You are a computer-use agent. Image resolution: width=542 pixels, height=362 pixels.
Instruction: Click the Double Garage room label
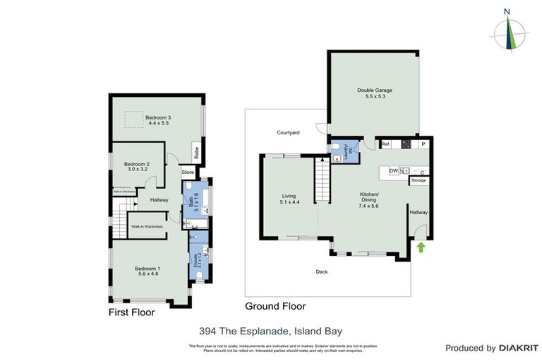click(x=374, y=90)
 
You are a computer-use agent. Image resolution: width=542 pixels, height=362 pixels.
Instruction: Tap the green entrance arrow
click(x=421, y=247)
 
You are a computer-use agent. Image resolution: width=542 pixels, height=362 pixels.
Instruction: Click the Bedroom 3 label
click(x=159, y=117)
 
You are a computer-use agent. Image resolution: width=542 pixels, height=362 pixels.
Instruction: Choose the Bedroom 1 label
click(x=149, y=268)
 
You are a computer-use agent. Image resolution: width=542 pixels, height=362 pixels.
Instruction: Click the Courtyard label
click(x=288, y=132)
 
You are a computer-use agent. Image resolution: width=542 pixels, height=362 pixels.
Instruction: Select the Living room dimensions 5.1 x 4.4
click(x=289, y=202)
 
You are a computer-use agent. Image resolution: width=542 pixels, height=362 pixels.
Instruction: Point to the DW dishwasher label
click(x=392, y=170)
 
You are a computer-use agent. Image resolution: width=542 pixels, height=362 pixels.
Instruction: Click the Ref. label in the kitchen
click(x=386, y=145)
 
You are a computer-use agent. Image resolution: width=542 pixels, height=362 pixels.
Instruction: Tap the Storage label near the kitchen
click(x=418, y=180)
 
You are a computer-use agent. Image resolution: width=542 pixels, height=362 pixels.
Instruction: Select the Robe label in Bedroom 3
click(x=196, y=151)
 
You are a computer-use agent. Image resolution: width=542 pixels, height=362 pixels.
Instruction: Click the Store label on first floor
click(x=188, y=172)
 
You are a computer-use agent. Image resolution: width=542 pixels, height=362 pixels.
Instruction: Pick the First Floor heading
click(x=131, y=311)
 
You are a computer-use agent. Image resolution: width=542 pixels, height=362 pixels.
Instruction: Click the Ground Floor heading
click(x=275, y=306)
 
